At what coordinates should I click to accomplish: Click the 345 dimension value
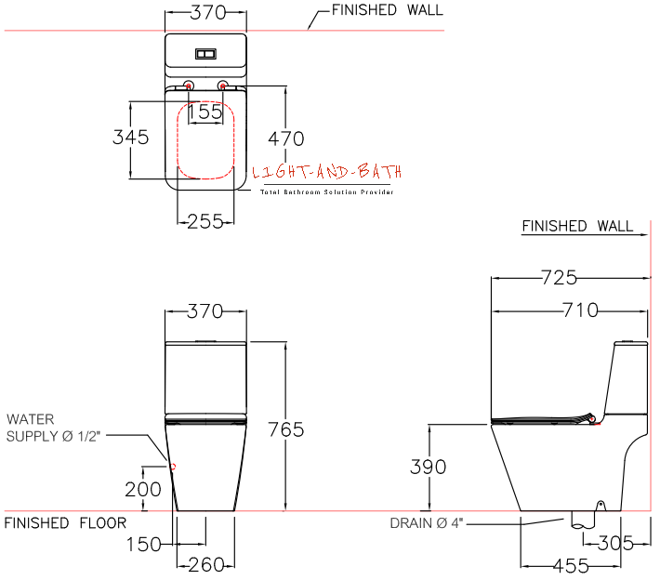coord(131,138)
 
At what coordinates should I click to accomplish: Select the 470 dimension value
coord(285,139)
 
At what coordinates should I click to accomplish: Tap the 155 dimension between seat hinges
coord(205,112)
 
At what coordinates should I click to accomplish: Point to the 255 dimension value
coord(205,221)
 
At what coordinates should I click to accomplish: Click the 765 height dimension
coord(285,429)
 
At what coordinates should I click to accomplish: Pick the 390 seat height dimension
coord(429,467)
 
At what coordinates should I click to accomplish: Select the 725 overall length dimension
coord(560,277)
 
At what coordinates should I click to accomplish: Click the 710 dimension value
coord(580,310)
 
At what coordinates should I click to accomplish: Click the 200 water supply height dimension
coord(142,487)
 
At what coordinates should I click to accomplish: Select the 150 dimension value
coord(143,545)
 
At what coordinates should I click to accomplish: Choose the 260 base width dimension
coord(205,565)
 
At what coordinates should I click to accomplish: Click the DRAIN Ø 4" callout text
coord(427,523)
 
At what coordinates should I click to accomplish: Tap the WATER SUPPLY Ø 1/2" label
coord(46,427)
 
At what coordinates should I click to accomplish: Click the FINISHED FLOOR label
coord(65,523)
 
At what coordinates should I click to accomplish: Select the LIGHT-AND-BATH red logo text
coord(327,172)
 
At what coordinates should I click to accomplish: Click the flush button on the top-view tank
coord(205,54)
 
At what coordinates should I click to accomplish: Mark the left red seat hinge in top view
coord(189,86)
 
